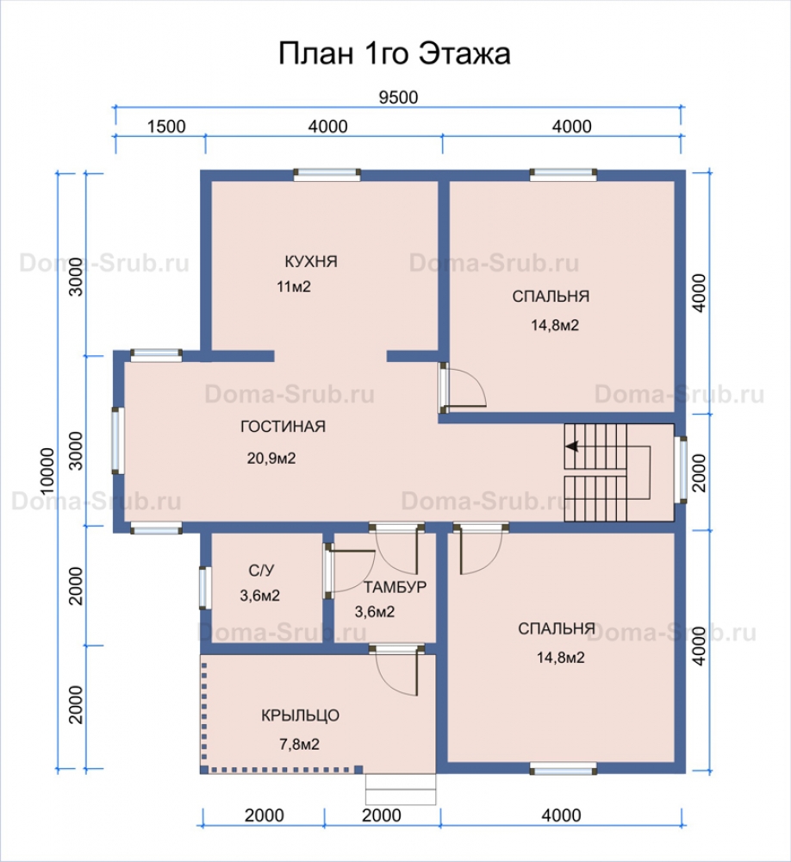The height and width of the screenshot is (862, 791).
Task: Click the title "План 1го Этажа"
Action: coord(394,53)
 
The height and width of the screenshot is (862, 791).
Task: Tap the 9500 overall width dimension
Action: coord(399,97)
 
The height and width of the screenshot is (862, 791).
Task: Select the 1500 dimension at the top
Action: coord(166,127)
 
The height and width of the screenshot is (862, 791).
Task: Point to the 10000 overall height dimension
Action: coord(47,471)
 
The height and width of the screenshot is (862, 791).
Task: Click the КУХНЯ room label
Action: coord(311,261)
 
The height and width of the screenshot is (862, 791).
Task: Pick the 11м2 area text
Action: coord(294,286)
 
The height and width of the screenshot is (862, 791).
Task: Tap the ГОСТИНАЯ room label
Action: coord(283,427)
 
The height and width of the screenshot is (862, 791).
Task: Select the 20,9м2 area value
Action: coord(271,458)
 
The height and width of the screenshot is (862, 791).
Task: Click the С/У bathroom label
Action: coord(261,570)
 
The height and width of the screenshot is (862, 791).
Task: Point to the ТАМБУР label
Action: coord(395,587)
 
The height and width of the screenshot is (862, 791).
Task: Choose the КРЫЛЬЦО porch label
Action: coord(300,715)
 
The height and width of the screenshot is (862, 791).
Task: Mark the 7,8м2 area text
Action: coord(300,744)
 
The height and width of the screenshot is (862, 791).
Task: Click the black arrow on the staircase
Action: coord(572,447)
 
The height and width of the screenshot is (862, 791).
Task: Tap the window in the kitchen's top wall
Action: coord(327,175)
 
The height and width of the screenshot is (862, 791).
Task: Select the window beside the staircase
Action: coord(681,470)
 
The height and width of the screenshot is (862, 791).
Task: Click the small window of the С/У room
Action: coord(205,588)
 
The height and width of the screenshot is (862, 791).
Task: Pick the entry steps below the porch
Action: coord(401,790)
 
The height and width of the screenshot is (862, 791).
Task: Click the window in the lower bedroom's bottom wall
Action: coord(564,769)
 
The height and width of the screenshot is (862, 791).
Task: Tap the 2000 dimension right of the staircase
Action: coord(699,472)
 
